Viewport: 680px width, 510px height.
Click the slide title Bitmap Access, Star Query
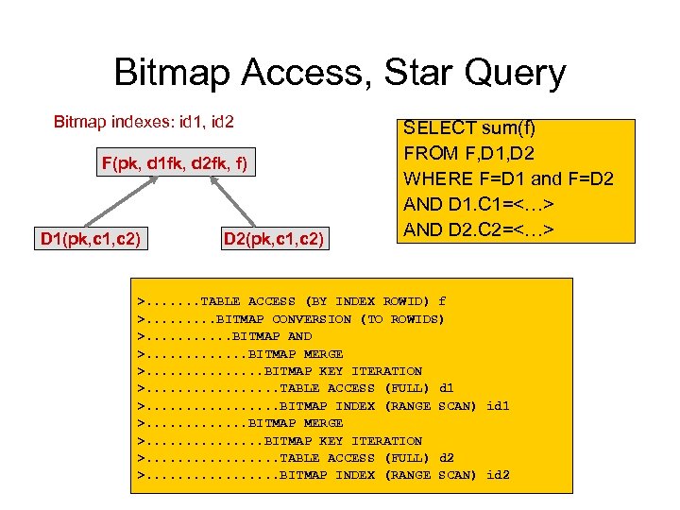339,73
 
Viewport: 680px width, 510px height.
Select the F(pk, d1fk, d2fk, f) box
175,164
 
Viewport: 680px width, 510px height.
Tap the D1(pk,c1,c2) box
91,238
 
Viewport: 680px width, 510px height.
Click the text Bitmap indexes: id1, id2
144,122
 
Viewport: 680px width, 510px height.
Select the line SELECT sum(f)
470,127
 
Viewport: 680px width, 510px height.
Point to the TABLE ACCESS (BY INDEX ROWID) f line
292,301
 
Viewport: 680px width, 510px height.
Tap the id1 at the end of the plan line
497,406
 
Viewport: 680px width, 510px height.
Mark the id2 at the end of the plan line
497,475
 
